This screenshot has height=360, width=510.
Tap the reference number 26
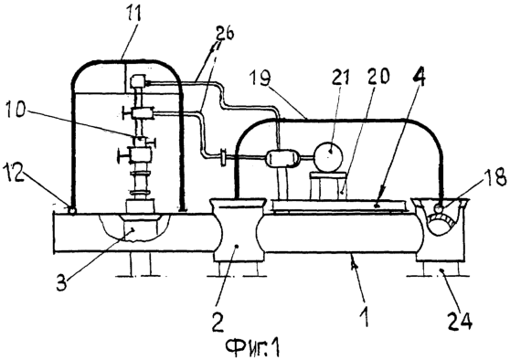(225, 34)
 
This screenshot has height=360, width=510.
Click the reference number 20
(378, 77)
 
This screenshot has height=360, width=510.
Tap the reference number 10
(15, 111)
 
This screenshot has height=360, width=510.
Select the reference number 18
(496, 178)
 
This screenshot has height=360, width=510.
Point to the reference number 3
(62, 282)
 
